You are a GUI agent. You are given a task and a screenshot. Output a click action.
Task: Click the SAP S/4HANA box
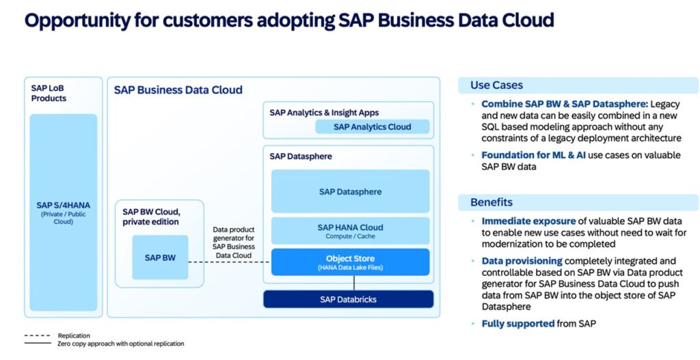63,212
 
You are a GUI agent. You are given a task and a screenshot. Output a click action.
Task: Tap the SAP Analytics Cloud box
372,126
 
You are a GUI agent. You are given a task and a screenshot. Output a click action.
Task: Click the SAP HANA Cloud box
350,231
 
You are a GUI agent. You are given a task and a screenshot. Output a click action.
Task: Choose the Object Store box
350,262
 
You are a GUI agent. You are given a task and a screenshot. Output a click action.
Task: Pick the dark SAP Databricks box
348,299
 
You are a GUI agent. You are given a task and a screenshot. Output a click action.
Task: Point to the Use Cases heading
496,85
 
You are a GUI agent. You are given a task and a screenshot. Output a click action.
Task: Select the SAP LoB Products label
49,93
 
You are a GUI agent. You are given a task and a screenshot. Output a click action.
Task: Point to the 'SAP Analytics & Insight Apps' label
324,113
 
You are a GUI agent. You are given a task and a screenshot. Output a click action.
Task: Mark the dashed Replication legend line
38,336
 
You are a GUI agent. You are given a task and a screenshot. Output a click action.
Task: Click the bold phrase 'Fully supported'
517,323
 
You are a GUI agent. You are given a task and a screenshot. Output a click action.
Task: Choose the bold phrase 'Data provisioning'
522,261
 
